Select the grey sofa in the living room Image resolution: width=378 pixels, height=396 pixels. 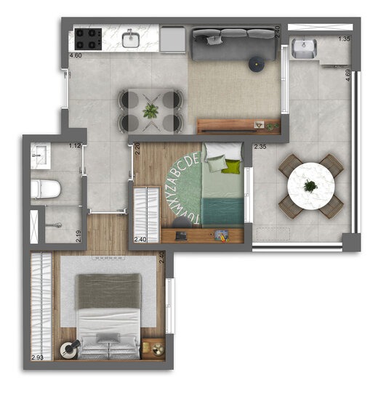coord(233,44)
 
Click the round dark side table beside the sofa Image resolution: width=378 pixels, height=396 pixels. coord(257,65)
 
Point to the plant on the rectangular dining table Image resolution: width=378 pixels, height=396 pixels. coord(150,110)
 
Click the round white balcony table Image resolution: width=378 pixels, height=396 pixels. coord(310,186)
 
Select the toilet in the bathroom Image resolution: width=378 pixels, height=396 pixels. coord(47,190)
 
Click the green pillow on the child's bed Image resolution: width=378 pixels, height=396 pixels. coord(232,167)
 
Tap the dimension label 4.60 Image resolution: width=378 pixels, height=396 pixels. coord(75,55)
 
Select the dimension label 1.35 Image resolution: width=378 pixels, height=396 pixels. coord(345,39)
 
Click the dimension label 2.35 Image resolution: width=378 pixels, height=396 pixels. coord(260,147)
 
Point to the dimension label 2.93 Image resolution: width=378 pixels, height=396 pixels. coord(39,357)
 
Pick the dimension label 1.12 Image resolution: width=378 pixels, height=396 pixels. coord(73,146)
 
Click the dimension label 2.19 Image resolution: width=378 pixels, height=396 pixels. coord(78,235)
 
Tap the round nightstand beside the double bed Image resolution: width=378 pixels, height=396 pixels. coord(68,349)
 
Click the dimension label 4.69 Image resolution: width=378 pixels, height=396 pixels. coord(348,75)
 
